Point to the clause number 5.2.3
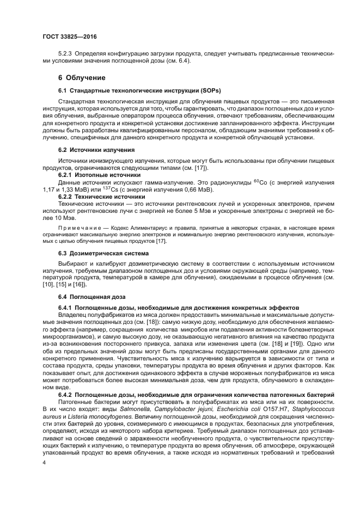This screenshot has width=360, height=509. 65,54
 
